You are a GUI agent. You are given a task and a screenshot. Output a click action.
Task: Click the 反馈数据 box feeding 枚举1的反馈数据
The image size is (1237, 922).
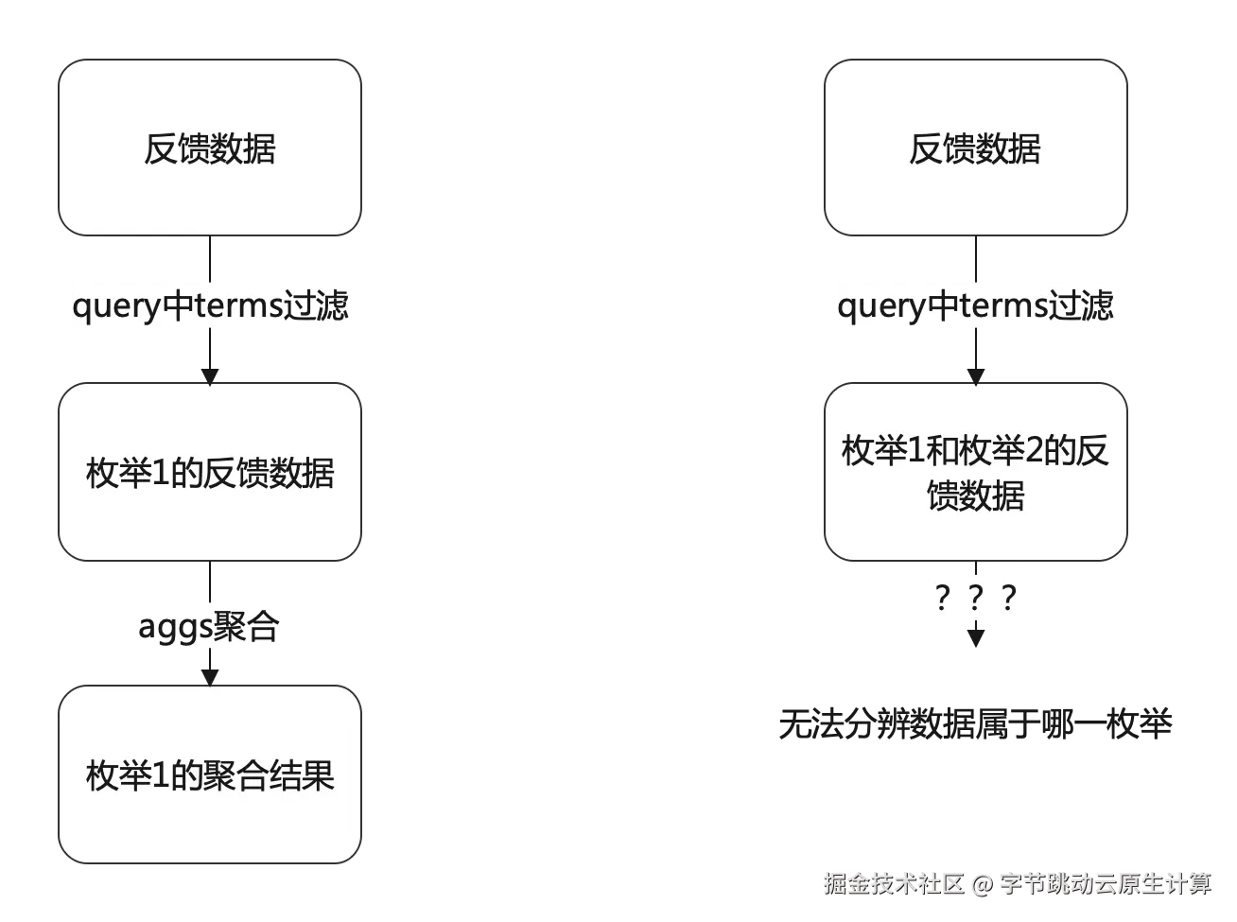tap(210, 148)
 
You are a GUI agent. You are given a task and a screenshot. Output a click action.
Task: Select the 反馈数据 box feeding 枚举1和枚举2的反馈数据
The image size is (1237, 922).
tap(975, 148)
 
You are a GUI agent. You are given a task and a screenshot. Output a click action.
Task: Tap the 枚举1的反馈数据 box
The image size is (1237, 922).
tap(210, 472)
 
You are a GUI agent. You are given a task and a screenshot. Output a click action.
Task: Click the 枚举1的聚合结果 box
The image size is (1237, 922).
tap(210, 774)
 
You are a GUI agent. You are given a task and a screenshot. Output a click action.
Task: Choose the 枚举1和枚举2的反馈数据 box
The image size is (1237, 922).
tap(975, 472)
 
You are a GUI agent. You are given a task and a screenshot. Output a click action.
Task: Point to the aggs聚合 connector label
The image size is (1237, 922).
tap(209, 626)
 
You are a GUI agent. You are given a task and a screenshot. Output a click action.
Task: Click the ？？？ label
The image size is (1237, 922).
tap(975, 598)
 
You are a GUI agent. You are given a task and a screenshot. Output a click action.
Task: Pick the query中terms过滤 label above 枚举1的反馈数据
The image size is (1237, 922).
tap(210, 305)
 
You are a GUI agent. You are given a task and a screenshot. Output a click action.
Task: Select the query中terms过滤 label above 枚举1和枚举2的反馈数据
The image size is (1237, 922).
tap(975, 305)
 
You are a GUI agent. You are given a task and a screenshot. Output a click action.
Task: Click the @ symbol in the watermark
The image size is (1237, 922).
tap(981, 884)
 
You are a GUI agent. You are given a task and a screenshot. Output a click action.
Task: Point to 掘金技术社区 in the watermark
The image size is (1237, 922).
tap(893, 884)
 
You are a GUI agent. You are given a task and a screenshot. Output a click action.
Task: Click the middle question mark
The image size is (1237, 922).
tap(975, 598)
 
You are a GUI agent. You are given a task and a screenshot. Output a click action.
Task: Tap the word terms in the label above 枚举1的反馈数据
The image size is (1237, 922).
tap(241, 305)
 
